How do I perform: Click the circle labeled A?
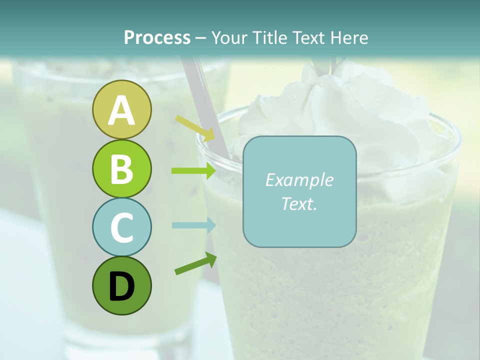pos(121,109)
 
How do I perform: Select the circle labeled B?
pos(121,168)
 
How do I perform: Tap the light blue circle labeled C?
pos(121,227)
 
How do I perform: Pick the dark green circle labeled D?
pos(121,285)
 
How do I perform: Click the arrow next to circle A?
pos(195,127)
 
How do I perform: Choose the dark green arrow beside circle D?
pos(195,264)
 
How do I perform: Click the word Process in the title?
pos(157,38)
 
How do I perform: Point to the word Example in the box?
pos(299,180)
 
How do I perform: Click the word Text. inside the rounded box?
pos(299,203)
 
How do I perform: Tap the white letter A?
pos(121,110)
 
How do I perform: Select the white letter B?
pos(121,169)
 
